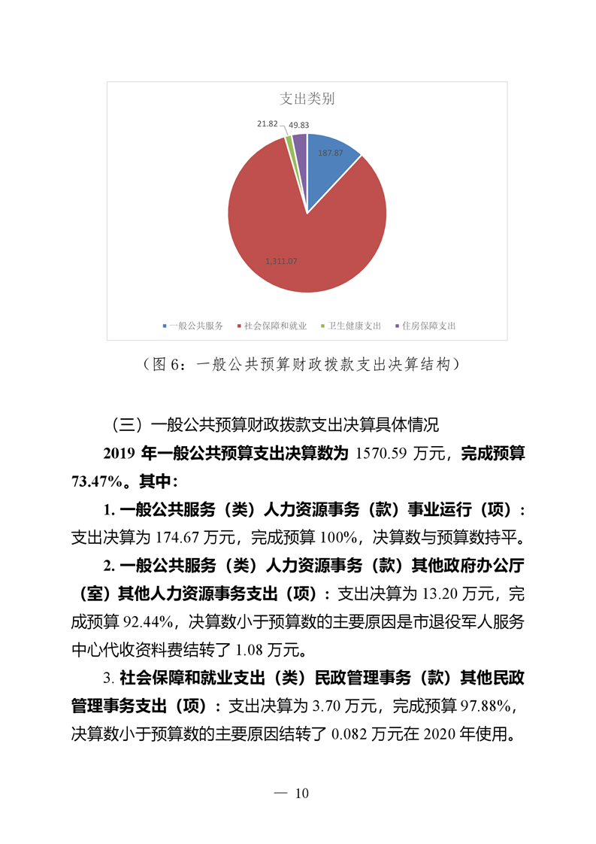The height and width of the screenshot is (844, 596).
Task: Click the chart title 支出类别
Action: [x=307, y=99]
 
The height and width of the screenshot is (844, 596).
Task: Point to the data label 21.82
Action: [x=268, y=123]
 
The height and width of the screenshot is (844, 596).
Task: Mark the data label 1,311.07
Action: [x=282, y=261]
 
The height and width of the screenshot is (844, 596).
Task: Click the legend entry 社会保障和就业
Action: [x=275, y=326]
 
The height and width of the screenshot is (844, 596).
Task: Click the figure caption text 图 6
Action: [x=168, y=365]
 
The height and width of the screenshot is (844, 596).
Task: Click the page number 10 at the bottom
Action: [x=303, y=794]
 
